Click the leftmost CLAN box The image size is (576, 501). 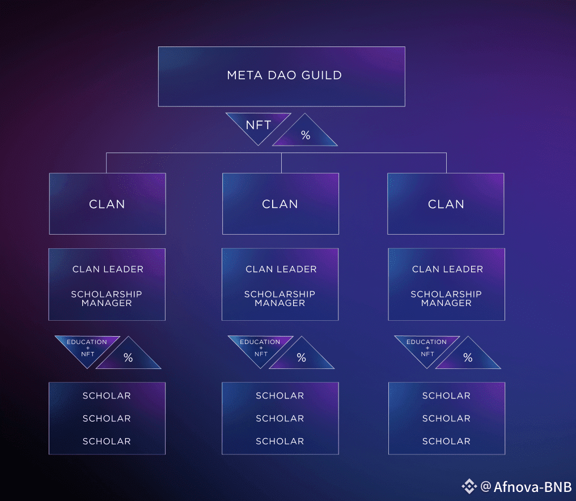tap(107, 204)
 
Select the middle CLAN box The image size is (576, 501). tap(280, 204)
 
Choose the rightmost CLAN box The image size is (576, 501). tap(446, 204)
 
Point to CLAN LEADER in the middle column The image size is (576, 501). tap(281, 269)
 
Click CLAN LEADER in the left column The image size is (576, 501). tap(108, 269)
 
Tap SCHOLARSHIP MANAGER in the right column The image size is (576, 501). tap(446, 299)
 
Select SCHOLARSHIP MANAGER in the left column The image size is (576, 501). tap(107, 299)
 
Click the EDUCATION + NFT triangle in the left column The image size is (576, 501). tap(87, 347)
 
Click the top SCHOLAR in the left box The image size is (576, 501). tap(107, 396)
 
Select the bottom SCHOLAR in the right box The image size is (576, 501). tap(446, 441)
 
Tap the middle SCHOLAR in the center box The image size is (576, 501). tap(279, 418)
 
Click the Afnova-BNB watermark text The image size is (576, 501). tap(532, 487)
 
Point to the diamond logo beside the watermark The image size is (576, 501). tap(469, 486)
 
